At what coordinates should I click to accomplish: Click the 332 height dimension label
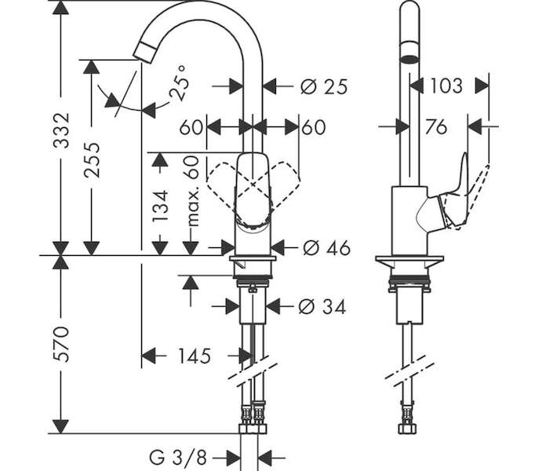62,130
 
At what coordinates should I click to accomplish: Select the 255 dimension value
92,160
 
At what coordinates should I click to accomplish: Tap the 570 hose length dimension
61,345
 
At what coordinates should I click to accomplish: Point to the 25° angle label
180,83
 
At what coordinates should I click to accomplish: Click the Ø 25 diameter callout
324,86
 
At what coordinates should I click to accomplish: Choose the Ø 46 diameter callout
326,247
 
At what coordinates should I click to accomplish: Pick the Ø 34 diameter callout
322,306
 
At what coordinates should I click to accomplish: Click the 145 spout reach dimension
194,356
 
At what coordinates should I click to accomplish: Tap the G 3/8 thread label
178,458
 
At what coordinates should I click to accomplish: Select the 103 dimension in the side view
446,86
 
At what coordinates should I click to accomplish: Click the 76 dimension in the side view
436,127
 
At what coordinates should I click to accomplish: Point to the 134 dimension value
160,206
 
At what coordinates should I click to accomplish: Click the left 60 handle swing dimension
191,127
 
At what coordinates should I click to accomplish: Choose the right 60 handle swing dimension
314,127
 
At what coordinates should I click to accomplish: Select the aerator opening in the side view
409,58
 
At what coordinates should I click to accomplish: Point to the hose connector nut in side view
408,429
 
